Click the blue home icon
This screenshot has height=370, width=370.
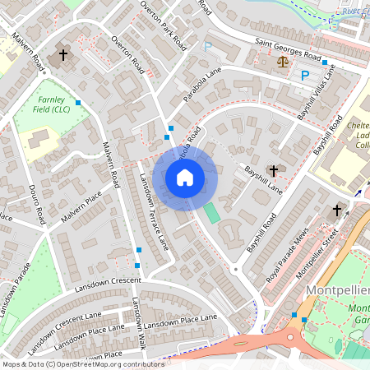point(185,177)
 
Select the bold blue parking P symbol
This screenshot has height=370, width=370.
point(305,76)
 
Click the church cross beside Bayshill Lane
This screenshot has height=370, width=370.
point(273,169)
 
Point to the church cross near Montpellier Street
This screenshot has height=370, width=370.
point(335,211)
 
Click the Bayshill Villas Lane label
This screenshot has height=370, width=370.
point(316,92)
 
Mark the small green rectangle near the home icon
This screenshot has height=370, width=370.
point(212,213)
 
